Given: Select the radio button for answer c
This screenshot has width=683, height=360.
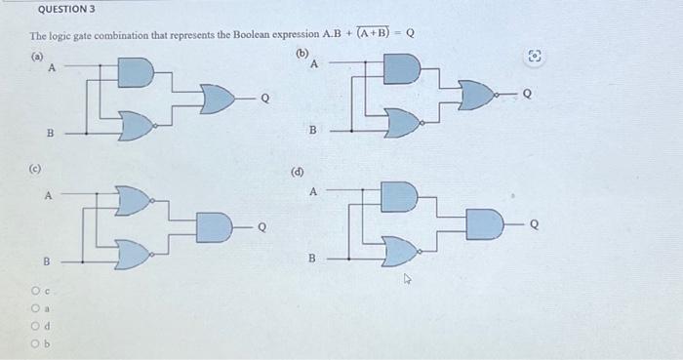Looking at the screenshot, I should (35, 290).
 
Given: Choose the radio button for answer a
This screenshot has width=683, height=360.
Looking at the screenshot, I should (35, 306).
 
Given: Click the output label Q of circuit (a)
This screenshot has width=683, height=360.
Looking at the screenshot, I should (263, 99).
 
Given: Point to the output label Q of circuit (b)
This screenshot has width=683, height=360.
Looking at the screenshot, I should (529, 96).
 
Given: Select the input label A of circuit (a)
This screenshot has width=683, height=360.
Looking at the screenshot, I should (52, 68).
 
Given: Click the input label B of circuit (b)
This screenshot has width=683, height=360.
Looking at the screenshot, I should (312, 130).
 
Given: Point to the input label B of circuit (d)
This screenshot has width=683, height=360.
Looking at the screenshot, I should (312, 259).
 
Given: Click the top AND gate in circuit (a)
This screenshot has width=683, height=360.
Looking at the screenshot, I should (136, 73).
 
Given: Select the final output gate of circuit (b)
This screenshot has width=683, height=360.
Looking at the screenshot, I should (475, 96).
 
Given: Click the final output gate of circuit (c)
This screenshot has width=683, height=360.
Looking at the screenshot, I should (212, 228).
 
